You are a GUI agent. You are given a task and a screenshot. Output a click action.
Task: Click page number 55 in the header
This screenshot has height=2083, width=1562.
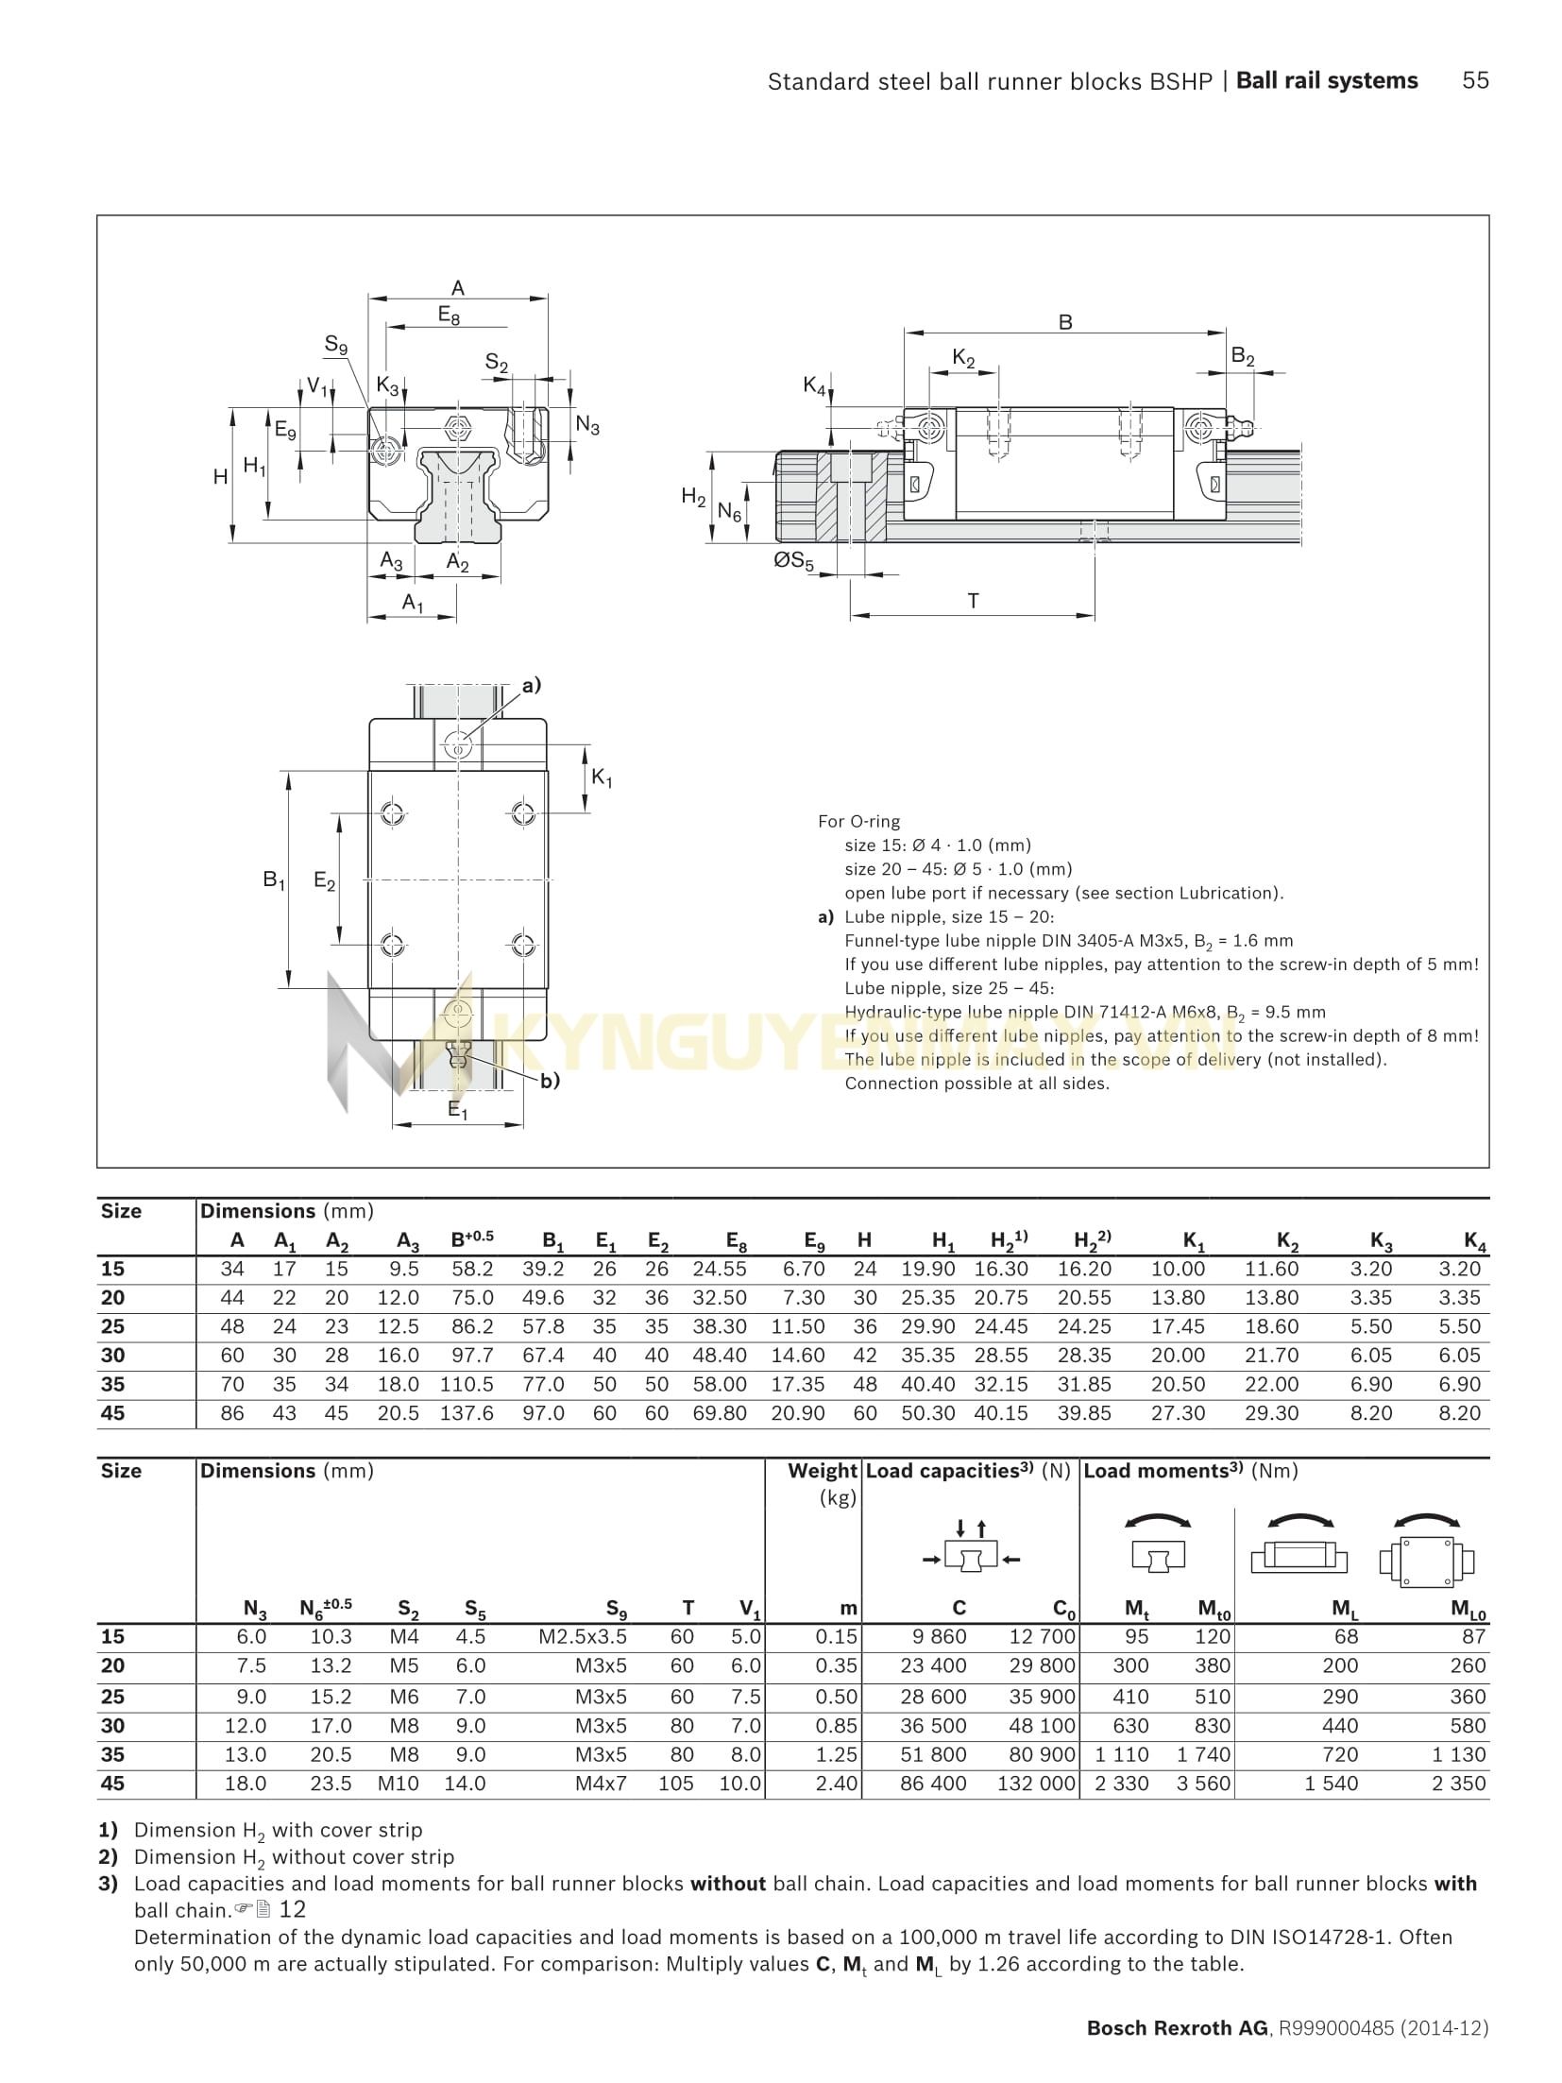click(1474, 81)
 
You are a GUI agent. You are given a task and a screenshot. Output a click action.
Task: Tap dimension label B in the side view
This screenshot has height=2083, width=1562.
click(1065, 322)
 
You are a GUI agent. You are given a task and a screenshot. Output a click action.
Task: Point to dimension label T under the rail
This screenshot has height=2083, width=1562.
click(973, 600)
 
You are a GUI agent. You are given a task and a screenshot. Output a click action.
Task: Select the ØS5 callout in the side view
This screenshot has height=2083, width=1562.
click(793, 560)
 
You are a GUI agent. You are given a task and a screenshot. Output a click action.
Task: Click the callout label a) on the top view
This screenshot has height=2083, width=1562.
click(532, 685)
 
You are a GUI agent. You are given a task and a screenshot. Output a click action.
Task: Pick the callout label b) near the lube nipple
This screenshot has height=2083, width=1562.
click(550, 1081)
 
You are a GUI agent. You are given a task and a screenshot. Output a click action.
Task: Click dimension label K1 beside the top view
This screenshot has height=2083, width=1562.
click(602, 778)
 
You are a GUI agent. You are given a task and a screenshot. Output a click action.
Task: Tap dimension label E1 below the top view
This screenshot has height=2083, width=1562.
click(458, 1111)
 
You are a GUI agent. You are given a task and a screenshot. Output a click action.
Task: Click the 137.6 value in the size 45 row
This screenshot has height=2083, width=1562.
click(467, 1413)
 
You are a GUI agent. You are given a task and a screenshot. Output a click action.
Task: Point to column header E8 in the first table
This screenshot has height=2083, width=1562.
click(736, 1241)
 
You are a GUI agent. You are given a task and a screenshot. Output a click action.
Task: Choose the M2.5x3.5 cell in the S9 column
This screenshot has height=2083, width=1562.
click(582, 1636)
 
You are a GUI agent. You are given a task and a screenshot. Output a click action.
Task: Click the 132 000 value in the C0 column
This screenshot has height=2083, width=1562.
click(1036, 1784)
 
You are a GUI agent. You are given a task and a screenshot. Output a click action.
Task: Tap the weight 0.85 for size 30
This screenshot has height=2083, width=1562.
click(837, 1725)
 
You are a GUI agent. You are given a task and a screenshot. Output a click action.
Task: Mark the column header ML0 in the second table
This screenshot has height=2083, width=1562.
click(1468, 1609)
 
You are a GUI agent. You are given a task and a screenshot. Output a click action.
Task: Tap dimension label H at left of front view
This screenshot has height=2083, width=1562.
click(220, 477)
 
